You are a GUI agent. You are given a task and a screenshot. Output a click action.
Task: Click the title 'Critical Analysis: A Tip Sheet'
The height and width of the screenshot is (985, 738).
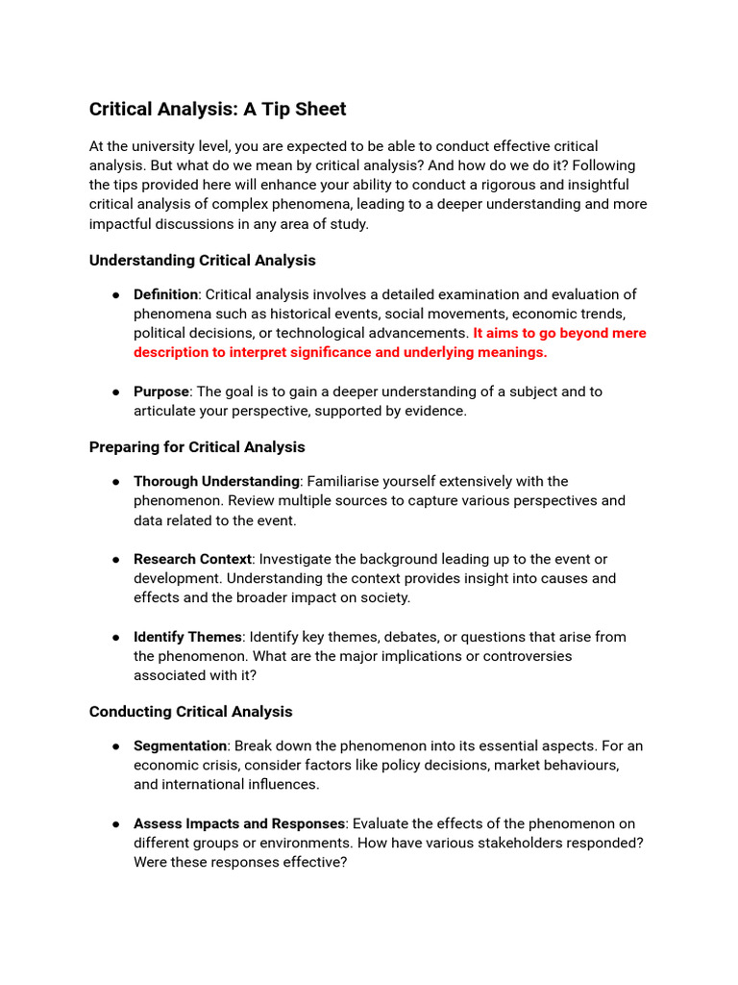point(217,109)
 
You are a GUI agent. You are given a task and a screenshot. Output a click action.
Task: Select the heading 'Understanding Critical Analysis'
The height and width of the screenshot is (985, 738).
point(202,261)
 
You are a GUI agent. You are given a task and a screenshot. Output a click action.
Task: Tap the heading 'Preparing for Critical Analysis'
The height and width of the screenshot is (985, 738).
point(197,447)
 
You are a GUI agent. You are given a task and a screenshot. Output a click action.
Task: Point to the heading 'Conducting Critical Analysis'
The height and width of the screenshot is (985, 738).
point(190,712)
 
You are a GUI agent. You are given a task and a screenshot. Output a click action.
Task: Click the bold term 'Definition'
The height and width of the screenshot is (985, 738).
point(165,294)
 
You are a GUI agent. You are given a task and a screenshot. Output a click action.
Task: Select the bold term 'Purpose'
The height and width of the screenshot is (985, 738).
point(161,391)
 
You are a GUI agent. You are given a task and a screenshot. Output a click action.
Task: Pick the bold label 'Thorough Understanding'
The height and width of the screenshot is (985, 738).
point(216,481)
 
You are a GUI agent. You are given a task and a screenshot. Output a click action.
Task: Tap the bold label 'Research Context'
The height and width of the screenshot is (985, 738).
point(192,559)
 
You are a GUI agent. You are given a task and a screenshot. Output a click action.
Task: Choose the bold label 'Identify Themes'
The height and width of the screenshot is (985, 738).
point(187,637)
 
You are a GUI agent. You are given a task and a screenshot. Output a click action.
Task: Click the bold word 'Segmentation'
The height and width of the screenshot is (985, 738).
point(180,746)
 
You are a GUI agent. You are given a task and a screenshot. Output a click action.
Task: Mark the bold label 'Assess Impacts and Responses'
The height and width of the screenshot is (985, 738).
point(238,824)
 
